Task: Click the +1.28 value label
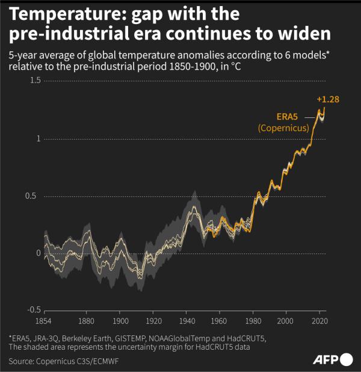pyautogui.click(x=327, y=99)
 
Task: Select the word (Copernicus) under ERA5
pyautogui.click(x=283, y=128)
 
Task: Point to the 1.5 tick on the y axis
pyautogui.click(x=35, y=81)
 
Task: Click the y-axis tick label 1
pyautogui.click(x=38, y=138)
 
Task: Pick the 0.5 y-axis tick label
pyautogui.click(x=35, y=196)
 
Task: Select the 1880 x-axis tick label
pyautogui.click(x=86, y=322)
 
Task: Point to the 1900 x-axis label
pyautogui.click(x=120, y=322)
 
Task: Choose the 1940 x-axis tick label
pyautogui.click(x=186, y=322)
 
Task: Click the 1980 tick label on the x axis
pyautogui.click(x=253, y=322)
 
